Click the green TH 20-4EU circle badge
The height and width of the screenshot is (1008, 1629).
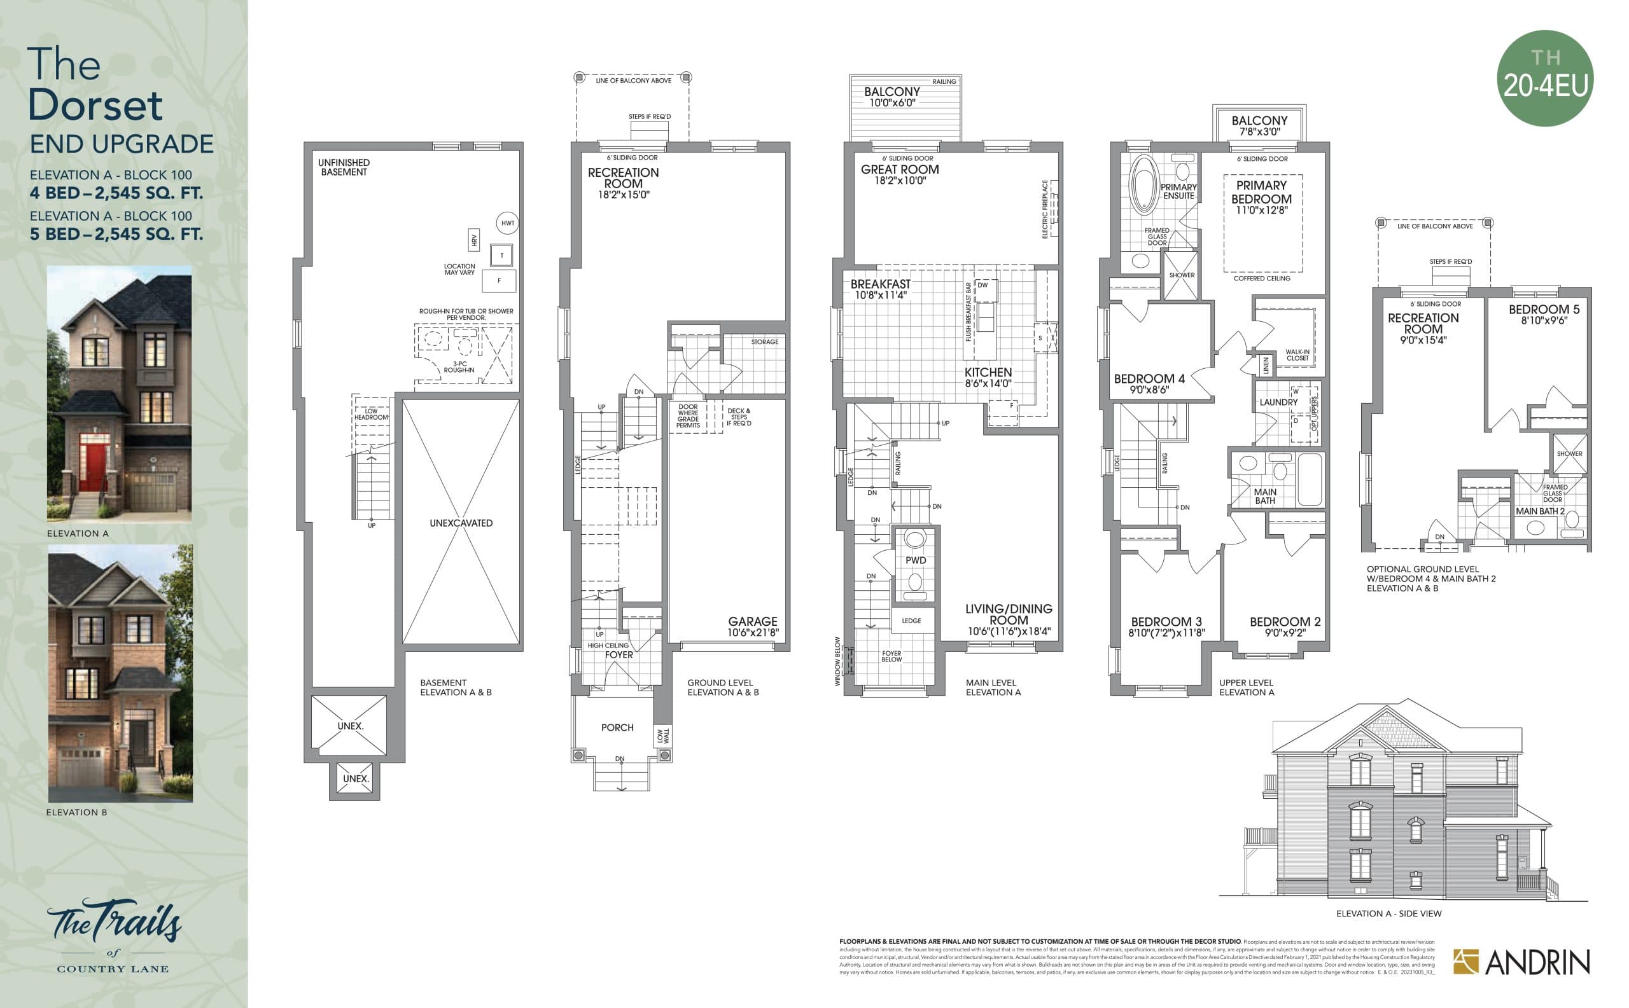[1544, 78]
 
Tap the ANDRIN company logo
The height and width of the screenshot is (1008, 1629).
[1521, 962]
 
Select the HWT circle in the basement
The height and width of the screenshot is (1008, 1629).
[508, 223]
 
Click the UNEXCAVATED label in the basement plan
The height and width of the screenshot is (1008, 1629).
[461, 523]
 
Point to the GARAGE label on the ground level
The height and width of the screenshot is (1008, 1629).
[753, 621]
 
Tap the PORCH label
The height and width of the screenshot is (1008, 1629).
[617, 728]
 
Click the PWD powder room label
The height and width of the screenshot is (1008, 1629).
[915, 561]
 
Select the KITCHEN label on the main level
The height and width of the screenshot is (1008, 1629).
[988, 373]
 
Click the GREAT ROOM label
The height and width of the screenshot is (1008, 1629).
[899, 170]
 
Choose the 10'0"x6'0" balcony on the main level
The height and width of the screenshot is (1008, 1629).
[892, 97]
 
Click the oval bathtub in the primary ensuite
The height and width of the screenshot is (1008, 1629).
[1144, 184]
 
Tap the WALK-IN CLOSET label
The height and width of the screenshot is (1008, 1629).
[1297, 355]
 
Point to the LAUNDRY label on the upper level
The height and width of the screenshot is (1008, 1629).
[1278, 402]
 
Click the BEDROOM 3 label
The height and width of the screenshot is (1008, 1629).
[1166, 622]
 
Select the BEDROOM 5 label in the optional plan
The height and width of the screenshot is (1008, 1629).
[1544, 310]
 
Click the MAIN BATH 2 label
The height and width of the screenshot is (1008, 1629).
[1540, 511]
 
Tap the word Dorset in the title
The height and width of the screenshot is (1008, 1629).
[95, 106]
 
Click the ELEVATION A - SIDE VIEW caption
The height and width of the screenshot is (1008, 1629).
[1388, 913]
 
